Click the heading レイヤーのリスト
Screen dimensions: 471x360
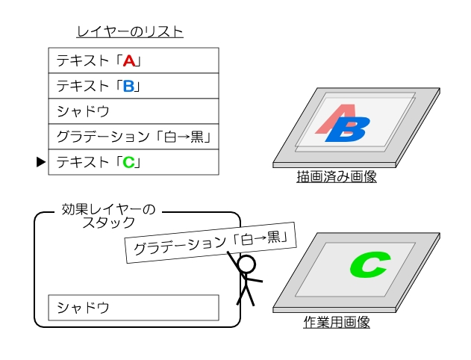pos(130,32)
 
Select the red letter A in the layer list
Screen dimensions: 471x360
pos(129,61)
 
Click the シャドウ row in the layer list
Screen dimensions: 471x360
pos(133,111)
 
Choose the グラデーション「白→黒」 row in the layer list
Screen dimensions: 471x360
pos(133,137)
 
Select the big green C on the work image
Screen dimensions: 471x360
pos(370,264)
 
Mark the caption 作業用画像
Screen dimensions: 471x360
pos(337,323)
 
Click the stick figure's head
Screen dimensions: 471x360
pos(246,264)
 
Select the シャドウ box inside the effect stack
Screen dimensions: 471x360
pos(133,307)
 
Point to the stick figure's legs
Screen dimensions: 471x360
pos(246,296)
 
